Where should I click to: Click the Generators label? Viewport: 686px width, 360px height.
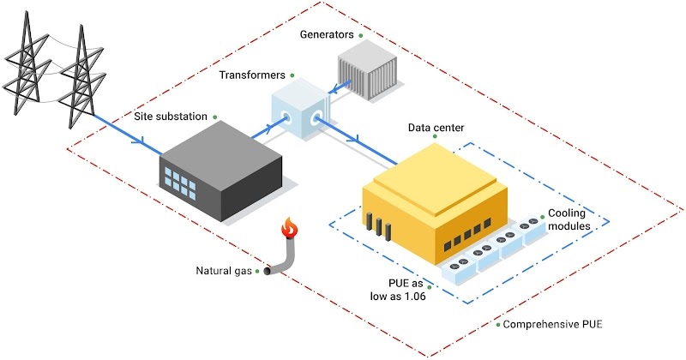[327, 35]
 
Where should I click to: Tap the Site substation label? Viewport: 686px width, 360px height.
[170, 116]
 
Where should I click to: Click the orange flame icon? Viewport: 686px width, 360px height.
[290, 229]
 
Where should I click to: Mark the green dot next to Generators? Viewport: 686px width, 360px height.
[361, 35]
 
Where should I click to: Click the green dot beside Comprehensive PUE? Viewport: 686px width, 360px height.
[498, 326]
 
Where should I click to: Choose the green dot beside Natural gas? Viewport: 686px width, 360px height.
[256, 273]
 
